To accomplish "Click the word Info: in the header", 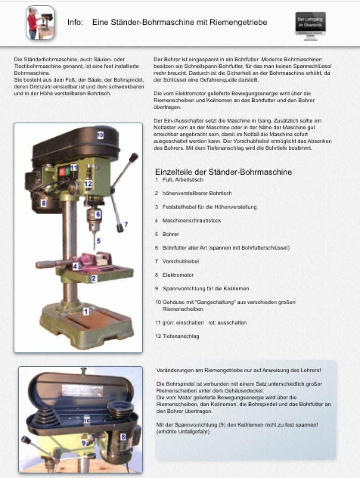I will [75, 22].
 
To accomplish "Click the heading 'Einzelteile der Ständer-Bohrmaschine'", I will [223, 172].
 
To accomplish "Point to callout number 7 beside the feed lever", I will [126, 224].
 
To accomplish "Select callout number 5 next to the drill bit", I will [98, 241].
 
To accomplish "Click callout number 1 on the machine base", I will [86, 311].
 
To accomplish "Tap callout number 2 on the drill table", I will [94, 278].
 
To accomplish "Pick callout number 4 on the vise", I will [75, 267].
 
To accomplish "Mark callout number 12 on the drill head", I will [88, 183].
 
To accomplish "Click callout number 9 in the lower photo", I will [84, 443].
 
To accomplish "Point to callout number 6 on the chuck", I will [98, 214].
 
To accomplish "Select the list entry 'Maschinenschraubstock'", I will [191, 221].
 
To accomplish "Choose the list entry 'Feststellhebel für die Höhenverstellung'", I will [209, 207].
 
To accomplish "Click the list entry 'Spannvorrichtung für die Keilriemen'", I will [205, 289].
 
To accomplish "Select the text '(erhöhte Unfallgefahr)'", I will [183, 432].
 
